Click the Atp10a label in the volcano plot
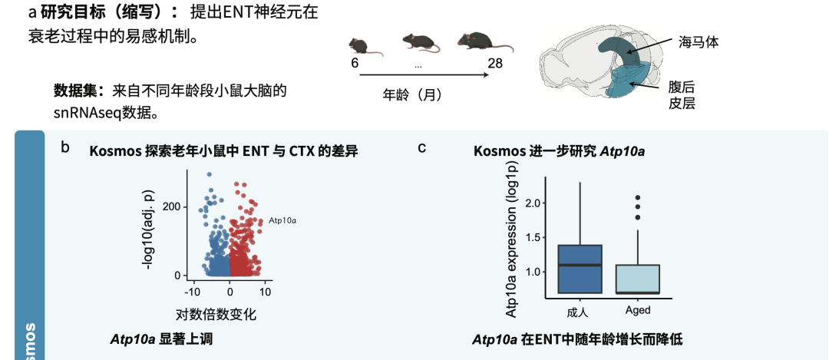[x=282, y=220]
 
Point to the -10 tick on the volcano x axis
[x=192, y=292]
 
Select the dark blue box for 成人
[x=580, y=269]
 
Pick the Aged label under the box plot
[x=638, y=311]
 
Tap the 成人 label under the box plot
[x=577, y=312]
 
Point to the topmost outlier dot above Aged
[x=637, y=198]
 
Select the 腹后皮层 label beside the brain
[x=682, y=94]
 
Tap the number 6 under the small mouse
[x=355, y=63]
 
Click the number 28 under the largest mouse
[x=494, y=63]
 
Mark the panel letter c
[x=421, y=147]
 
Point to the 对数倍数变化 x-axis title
[x=216, y=314]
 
